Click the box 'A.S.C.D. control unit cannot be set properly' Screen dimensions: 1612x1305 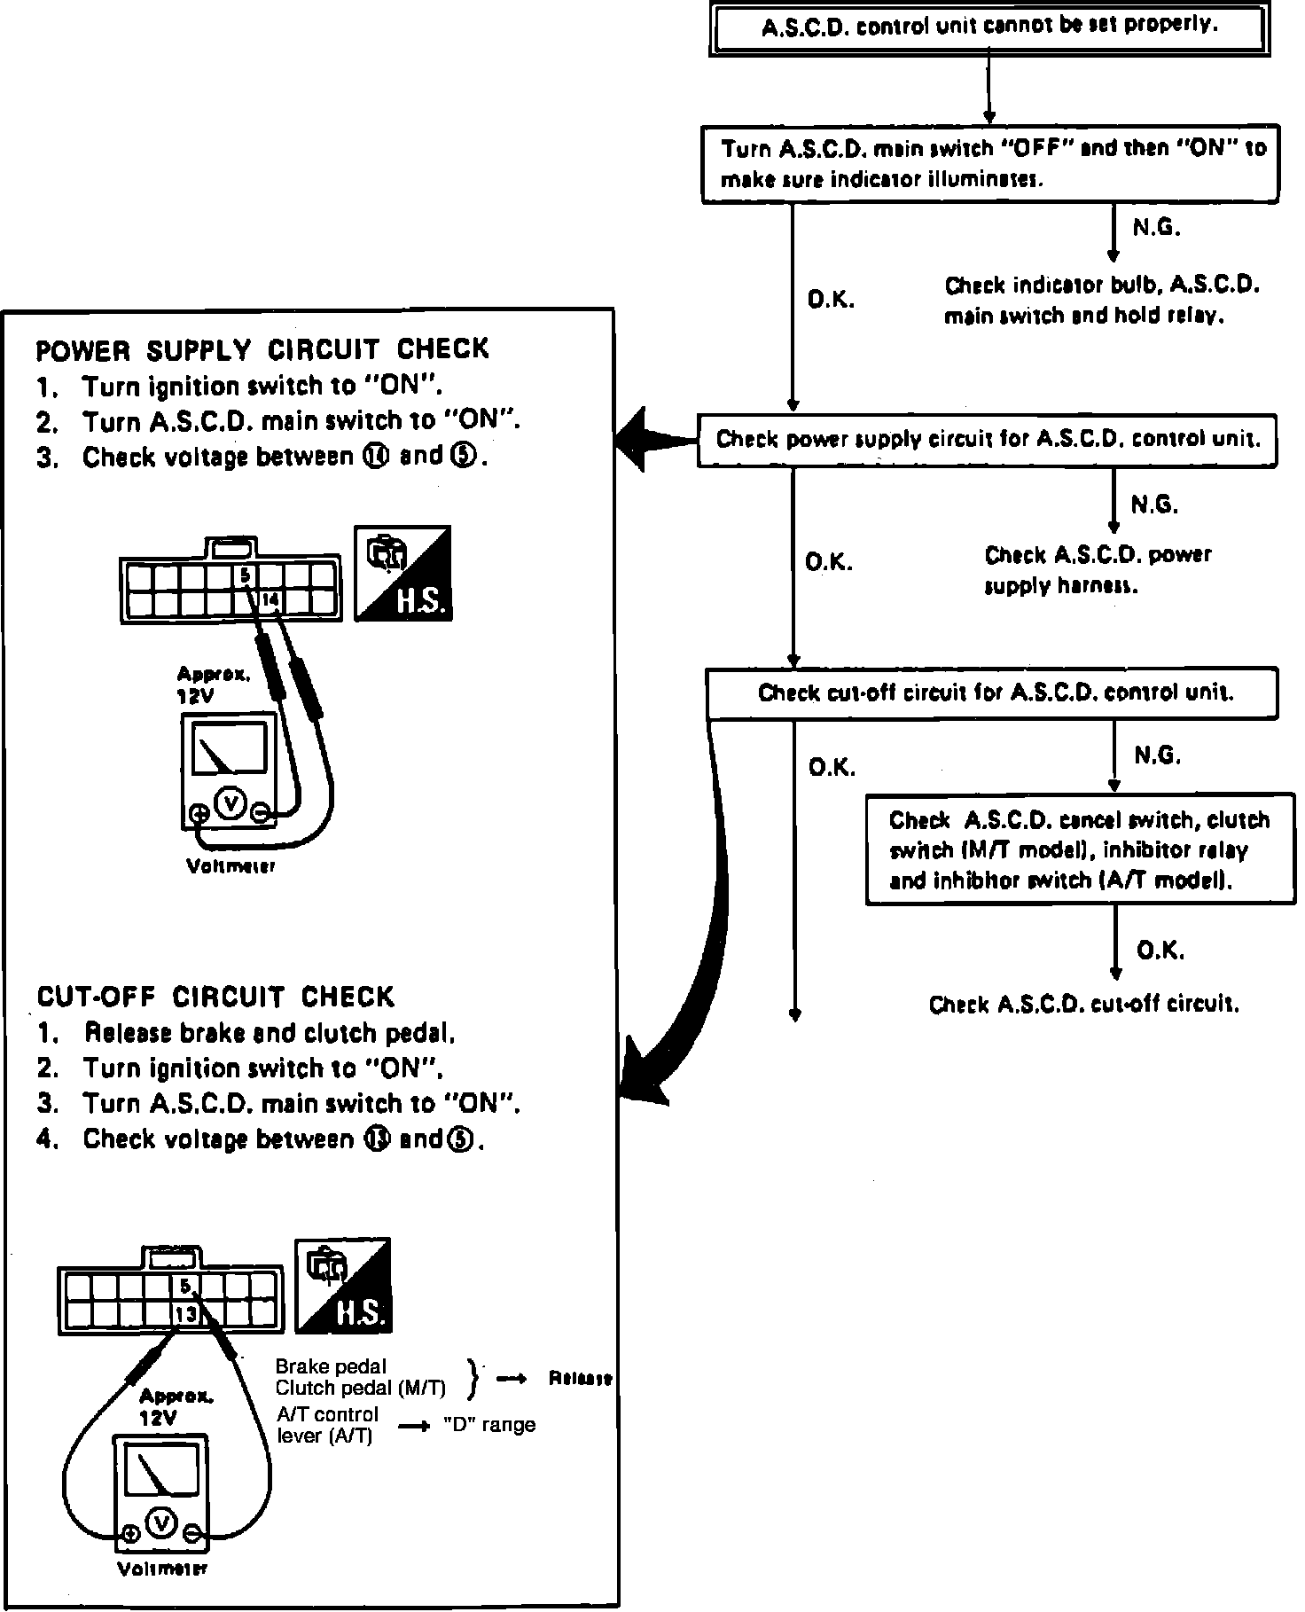989,27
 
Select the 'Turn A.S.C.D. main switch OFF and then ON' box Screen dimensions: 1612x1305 990,164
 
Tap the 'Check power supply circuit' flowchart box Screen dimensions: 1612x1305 987,440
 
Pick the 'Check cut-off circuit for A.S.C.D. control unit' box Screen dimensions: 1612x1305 991,693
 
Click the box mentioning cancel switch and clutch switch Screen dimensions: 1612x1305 1077,849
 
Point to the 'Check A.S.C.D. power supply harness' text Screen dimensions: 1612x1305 1097,570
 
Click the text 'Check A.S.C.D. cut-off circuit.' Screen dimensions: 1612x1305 1083,1004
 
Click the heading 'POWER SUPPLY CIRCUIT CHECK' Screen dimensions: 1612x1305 262,349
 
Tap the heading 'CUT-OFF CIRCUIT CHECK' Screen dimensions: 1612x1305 215,997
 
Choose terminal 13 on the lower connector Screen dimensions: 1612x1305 186,1314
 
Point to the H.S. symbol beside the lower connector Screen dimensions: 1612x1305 342,1285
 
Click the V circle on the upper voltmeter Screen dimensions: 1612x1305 231,802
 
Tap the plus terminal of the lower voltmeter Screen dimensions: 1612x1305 131,1532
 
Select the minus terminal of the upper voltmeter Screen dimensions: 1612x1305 260,811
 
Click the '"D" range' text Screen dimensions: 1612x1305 489,1425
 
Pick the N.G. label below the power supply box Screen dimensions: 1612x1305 1154,505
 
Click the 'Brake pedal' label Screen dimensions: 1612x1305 331,1366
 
